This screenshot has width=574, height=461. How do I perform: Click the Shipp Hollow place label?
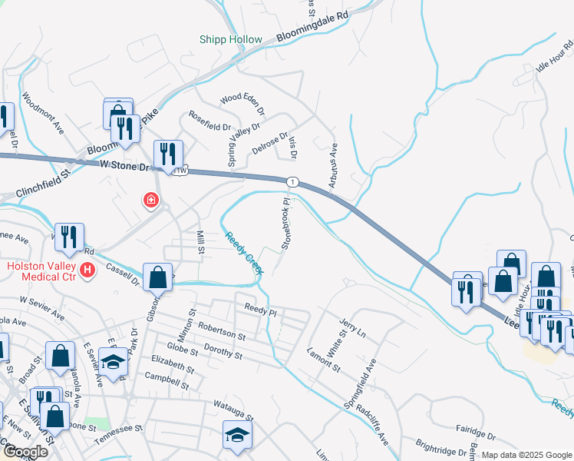(x=231, y=39)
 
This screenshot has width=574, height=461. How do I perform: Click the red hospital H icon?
(x=89, y=270)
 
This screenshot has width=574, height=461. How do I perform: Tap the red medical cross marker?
(x=151, y=201)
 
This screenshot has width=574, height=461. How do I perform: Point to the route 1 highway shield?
(x=292, y=181)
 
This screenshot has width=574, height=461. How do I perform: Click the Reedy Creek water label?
(x=244, y=252)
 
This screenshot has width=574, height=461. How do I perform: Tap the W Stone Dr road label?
(x=127, y=165)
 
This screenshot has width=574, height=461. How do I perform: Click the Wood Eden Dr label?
(x=242, y=99)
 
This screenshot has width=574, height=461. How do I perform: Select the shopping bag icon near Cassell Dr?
(x=157, y=277)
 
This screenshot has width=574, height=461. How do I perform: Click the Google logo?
(x=25, y=452)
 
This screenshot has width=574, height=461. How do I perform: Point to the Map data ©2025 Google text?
(x=526, y=455)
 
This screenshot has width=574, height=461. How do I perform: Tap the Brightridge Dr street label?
(x=437, y=449)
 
